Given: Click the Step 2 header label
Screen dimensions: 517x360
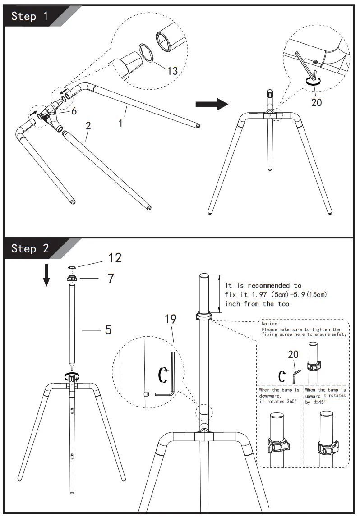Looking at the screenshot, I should [30, 248].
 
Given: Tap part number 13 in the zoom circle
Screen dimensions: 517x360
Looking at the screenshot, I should [172, 70].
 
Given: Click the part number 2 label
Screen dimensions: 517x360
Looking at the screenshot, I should [88, 126].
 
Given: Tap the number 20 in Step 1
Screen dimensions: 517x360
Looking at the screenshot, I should [317, 102].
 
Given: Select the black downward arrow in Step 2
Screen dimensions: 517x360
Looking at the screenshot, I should [46, 275].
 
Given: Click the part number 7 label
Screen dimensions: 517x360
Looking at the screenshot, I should [110, 279].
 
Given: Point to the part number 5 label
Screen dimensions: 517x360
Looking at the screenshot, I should [108, 329].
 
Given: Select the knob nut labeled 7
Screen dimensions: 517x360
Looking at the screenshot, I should [71, 279].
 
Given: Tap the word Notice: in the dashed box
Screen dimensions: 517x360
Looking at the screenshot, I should [271, 324].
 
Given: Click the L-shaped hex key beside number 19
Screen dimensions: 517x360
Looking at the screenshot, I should [169, 379].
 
